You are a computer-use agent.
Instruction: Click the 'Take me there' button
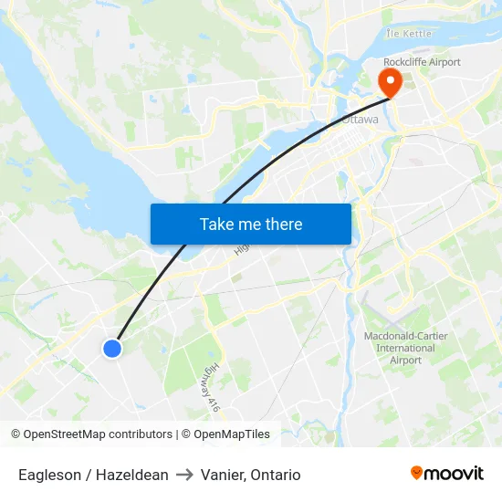pos(251,224)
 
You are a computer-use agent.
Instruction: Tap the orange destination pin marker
pos(390,82)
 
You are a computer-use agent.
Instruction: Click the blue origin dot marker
pos(112,348)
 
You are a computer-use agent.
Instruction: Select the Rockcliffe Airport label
pos(422,62)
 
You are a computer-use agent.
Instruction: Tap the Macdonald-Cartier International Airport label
pos(405,348)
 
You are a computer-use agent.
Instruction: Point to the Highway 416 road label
pos(209,391)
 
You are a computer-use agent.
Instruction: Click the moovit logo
pos(447,473)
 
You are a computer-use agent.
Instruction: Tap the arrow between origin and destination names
pos(183,475)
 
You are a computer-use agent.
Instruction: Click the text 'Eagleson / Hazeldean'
pos(93,475)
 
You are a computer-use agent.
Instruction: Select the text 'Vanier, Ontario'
pos(249,475)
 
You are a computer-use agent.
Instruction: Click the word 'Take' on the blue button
pos(217,224)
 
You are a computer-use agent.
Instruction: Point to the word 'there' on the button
pos(283,224)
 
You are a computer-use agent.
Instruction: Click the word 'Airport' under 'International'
pos(405,360)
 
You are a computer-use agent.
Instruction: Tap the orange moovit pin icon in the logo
pos(417,473)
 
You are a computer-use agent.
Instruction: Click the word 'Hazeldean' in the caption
pos(134,475)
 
